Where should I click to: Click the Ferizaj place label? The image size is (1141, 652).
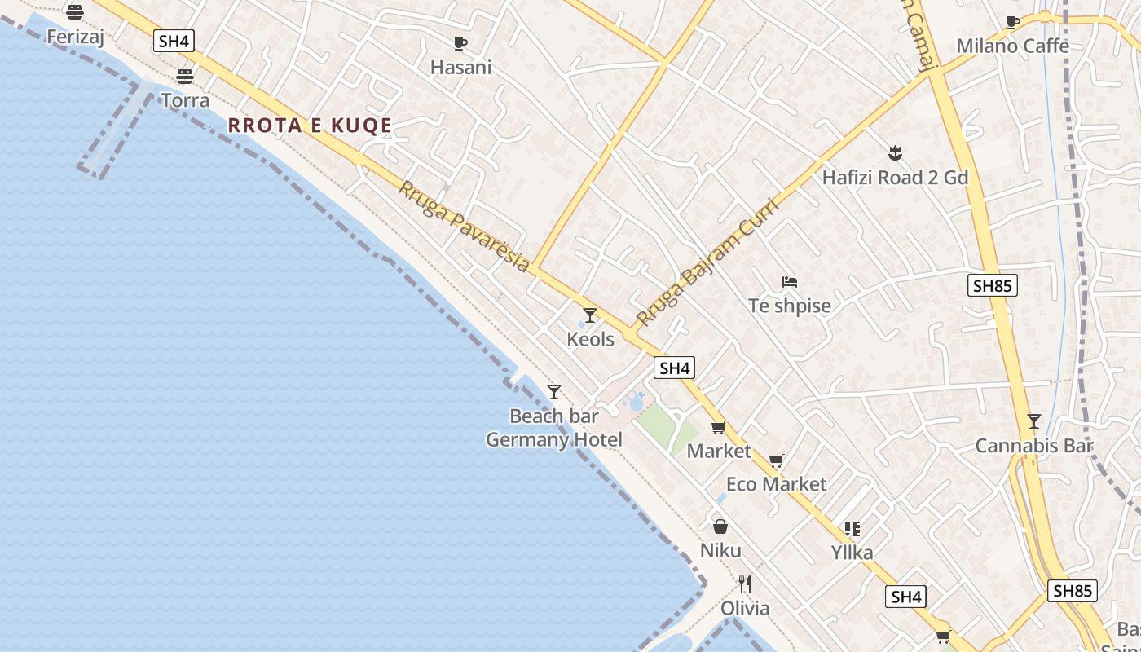75,37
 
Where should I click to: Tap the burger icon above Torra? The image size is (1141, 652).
185,77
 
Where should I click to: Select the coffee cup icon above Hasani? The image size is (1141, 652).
460,43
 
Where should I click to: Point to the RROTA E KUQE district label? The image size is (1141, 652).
310,126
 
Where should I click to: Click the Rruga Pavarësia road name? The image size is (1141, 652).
463,226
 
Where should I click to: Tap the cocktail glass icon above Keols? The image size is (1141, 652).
590,315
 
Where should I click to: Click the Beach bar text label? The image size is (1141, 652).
553,416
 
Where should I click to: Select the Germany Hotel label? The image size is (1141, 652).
553,440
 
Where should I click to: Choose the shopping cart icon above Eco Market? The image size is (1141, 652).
776,461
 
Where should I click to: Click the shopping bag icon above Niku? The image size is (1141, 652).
720,526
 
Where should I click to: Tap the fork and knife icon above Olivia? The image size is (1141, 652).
744,584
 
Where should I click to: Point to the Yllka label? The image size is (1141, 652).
852,553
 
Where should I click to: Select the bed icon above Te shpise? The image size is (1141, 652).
789,282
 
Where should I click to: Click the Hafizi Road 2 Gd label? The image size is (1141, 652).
895,178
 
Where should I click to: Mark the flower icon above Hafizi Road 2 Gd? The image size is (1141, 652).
894,153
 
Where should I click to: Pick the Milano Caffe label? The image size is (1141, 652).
1012,46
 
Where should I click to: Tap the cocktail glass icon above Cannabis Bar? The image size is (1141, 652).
1033,421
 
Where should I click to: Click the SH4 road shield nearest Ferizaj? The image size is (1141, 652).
174,42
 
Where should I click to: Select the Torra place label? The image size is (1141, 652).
185,100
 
